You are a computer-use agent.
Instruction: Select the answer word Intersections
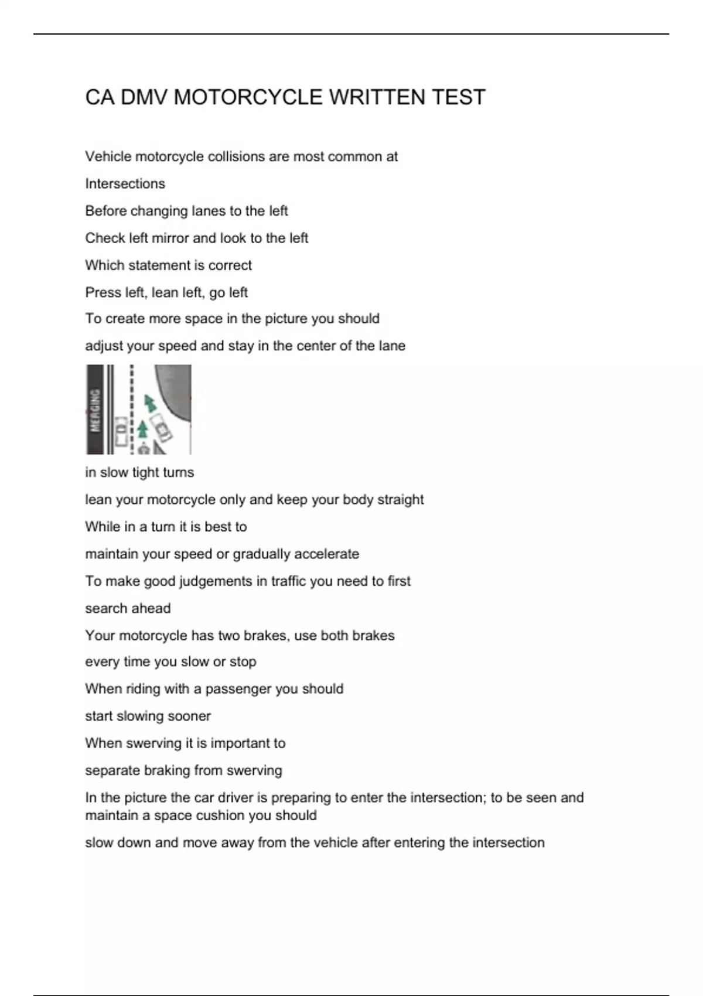125,184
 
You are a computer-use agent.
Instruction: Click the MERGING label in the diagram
95,410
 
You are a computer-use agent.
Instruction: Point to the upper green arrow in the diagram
151,404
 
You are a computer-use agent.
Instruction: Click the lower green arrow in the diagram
142,429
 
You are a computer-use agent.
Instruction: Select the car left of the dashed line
121,432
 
